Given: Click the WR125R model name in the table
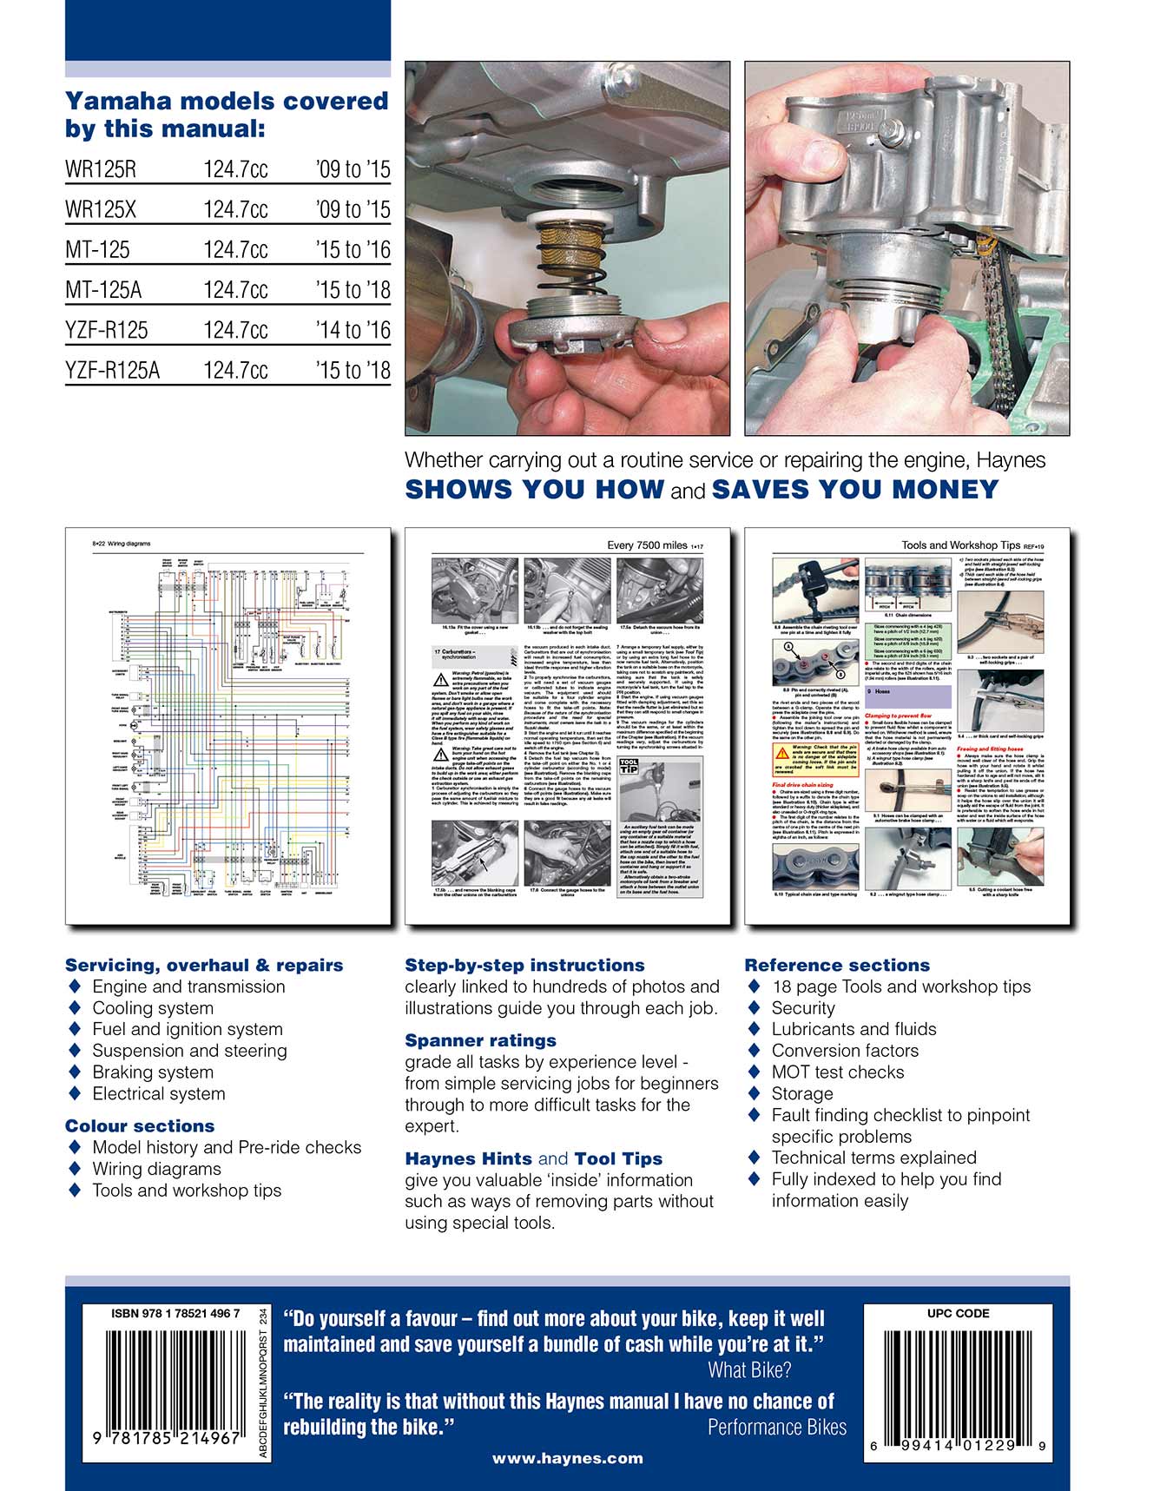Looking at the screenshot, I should tap(101, 169).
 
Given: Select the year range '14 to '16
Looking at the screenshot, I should tap(353, 330).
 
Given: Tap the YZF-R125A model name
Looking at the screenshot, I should tap(113, 371).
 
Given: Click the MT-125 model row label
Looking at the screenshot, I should tap(97, 250).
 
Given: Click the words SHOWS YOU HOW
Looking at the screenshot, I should tap(535, 490).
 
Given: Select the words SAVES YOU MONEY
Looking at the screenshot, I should tap(855, 490).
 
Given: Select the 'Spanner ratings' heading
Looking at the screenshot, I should tap(480, 1040).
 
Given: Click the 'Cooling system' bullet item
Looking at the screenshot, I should tap(153, 1008).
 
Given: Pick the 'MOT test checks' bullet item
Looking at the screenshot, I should tap(837, 1072).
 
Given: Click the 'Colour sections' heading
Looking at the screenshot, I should tap(140, 1126).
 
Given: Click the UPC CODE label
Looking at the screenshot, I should tap(958, 1314).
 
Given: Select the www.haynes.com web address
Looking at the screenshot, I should tap(567, 1459).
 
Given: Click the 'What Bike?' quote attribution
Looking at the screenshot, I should tap(749, 1371).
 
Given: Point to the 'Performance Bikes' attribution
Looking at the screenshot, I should tap(776, 1428).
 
